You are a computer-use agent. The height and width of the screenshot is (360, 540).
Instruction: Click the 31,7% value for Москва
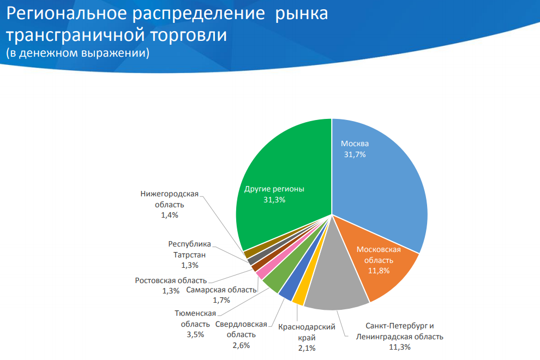[x=355, y=154]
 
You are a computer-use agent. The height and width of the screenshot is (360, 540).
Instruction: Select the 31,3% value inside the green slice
[x=274, y=200]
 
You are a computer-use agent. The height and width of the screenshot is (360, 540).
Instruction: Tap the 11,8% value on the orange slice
[x=379, y=271]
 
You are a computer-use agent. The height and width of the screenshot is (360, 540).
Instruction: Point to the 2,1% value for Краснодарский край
[x=306, y=348]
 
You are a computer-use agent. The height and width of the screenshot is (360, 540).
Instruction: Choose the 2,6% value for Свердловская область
[x=241, y=345]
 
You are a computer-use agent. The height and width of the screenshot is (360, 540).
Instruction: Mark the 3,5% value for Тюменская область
[x=195, y=334]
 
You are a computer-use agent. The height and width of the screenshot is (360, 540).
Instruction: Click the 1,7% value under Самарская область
[x=221, y=300]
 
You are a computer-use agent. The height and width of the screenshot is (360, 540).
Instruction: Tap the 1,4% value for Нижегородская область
[x=170, y=215]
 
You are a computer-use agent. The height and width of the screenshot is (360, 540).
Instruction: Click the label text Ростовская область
[x=171, y=280]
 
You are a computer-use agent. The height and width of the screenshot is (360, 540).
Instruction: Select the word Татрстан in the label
[x=189, y=255]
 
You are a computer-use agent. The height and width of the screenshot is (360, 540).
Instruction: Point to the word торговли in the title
[x=186, y=34]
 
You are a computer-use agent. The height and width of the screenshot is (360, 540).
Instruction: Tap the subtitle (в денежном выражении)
[x=78, y=53]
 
